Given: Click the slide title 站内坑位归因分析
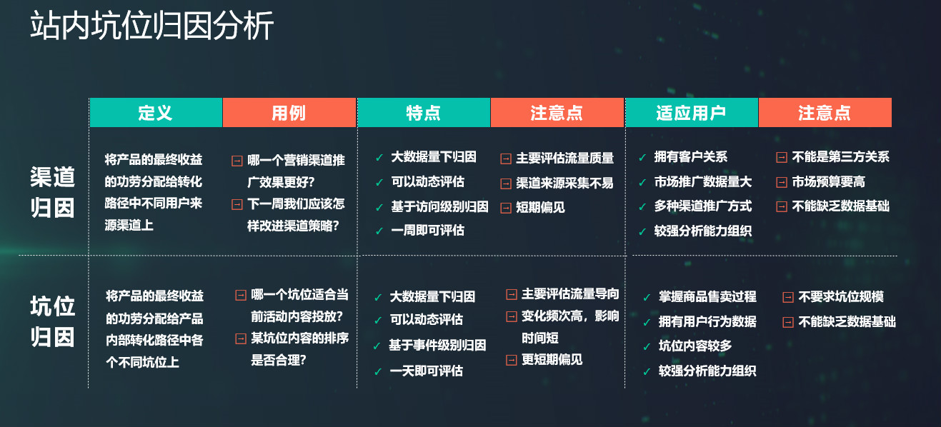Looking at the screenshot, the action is [x=151, y=26].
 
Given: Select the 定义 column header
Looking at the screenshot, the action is [x=156, y=113].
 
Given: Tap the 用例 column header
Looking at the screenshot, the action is [x=289, y=113].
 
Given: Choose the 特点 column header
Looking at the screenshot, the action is [x=424, y=113].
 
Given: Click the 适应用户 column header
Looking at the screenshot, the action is [x=692, y=113].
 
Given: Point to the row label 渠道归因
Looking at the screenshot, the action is [x=52, y=192].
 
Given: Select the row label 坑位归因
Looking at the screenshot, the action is [x=52, y=321].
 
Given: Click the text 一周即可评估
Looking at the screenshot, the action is [x=428, y=230].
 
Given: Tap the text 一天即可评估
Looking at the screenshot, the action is [x=427, y=371].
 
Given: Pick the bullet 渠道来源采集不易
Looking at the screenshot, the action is [x=564, y=183].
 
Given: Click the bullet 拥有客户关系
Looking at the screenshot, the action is [x=691, y=157].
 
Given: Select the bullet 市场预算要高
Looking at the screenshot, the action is [x=828, y=182].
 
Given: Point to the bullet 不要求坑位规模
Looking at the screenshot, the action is [x=841, y=297].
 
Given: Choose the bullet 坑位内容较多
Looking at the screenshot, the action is [x=695, y=346].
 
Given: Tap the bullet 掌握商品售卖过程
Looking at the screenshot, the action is [x=707, y=297].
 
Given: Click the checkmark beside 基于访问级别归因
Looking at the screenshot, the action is [x=379, y=207].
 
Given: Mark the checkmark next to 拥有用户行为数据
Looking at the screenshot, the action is [x=647, y=323].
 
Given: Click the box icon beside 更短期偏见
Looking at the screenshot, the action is [x=512, y=361].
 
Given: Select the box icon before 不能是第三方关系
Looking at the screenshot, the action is [x=782, y=158].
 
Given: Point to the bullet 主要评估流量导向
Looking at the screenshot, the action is [x=570, y=294].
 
